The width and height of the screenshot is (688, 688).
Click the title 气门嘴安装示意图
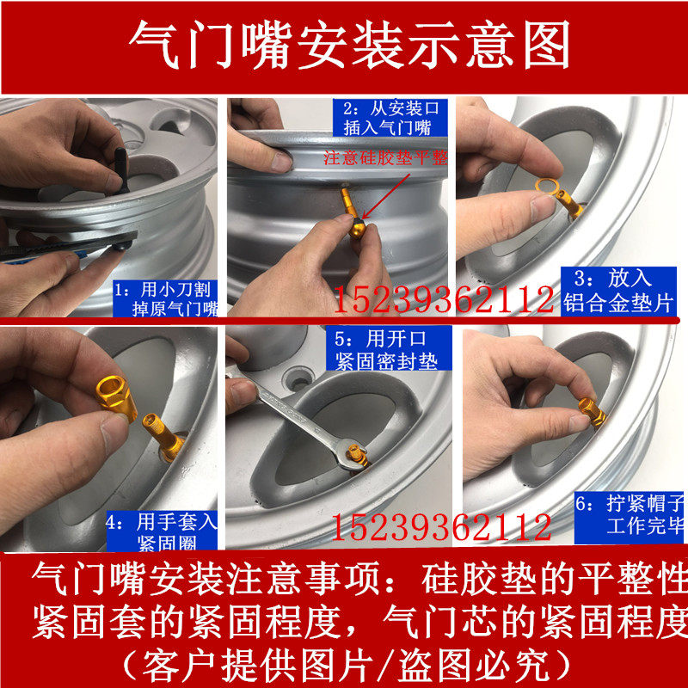pyautogui.click(x=350, y=45)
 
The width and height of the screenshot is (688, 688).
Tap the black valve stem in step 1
pyautogui.click(x=121, y=170)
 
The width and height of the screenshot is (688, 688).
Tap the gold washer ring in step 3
pyautogui.click(x=547, y=187)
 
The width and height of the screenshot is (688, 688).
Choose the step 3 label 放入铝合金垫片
pyautogui.click(x=618, y=291)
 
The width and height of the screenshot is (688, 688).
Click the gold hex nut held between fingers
pyautogui.click(x=116, y=397)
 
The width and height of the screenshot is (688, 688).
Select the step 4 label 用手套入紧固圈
pyautogui.click(x=162, y=531)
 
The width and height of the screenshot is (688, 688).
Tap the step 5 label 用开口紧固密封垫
pyautogui.click(x=388, y=351)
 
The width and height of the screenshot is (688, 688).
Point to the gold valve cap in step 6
pyautogui.click(x=592, y=413)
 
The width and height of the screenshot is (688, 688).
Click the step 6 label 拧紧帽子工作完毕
pyautogui.click(x=630, y=515)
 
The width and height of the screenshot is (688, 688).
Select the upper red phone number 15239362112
pyautogui.click(x=444, y=299)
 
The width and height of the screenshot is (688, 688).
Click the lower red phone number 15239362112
pyautogui.click(x=441, y=528)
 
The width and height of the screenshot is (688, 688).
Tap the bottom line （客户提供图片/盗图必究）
pyautogui.click(x=347, y=666)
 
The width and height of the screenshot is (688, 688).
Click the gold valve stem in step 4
pyautogui.click(x=163, y=437)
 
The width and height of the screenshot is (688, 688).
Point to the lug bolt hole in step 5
pyautogui.click(x=298, y=379)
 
